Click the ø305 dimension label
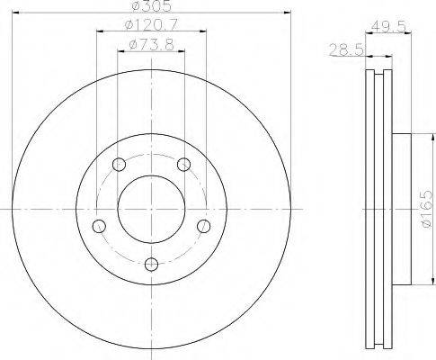(152, 5)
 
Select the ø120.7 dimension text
(151, 24)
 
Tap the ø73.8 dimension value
(151, 45)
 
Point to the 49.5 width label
(388, 27)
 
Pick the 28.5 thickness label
(346, 49)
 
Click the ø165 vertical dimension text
(427, 208)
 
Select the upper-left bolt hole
(119, 164)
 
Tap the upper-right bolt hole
(183, 164)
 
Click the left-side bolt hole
(99, 226)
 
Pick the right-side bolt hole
(204, 226)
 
